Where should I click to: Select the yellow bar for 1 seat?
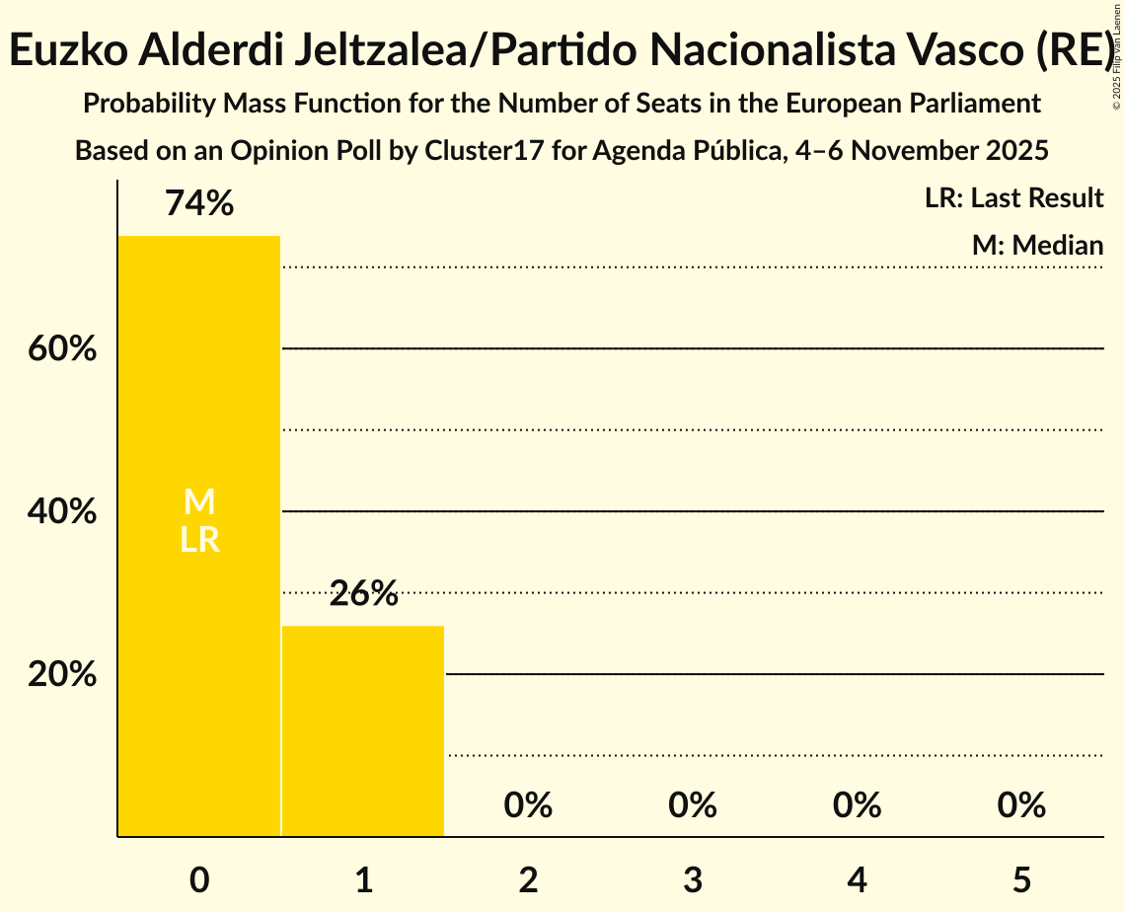tap(363, 730)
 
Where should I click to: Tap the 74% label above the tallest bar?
tap(199, 204)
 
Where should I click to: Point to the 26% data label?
tap(363, 594)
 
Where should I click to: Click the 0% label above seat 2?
tap(528, 805)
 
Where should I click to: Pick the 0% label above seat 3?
tap(692, 805)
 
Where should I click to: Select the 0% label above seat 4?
tap(857, 805)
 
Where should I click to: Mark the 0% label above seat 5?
tap(1020, 805)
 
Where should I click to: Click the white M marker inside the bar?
tap(199, 502)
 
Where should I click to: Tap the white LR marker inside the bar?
tap(199, 540)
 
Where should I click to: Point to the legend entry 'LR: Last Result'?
tap(1013, 198)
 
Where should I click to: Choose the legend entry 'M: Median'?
tap(1037, 245)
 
